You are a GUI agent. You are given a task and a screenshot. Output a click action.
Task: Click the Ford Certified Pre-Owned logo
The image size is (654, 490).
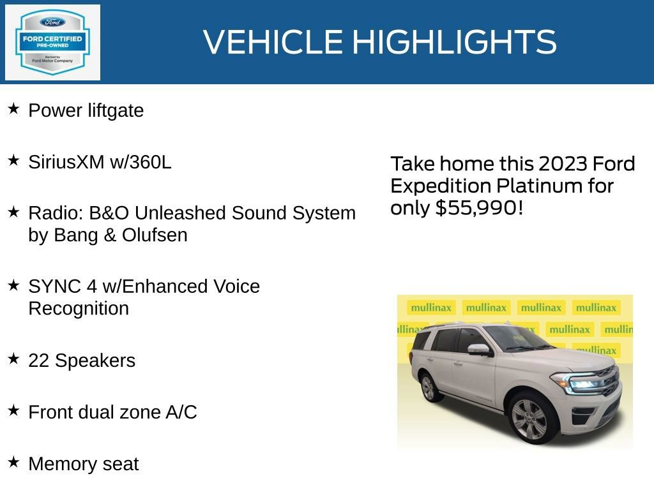click(x=52, y=42)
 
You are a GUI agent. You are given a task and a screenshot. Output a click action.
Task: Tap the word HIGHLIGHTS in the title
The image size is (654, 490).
click(x=454, y=42)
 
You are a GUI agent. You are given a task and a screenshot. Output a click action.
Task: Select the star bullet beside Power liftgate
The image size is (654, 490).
click(x=13, y=109)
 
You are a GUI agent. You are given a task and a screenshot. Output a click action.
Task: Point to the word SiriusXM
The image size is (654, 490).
click(x=66, y=162)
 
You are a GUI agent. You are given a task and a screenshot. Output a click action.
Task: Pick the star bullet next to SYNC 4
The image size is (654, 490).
click(x=13, y=285)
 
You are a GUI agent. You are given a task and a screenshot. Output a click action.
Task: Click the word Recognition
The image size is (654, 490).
click(x=79, y=309)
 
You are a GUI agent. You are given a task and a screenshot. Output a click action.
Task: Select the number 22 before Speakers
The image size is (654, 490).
click(x=39, y=360)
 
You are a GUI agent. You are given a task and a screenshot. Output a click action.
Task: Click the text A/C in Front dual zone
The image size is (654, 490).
click(x=181, y=412)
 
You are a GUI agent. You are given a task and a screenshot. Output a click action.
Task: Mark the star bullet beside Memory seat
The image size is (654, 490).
click(x=13, y=462)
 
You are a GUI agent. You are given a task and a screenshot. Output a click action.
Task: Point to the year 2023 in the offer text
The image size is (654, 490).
click(x=563, y=164)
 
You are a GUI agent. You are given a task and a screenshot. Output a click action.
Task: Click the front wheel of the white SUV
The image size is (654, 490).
click(x=529, y=419)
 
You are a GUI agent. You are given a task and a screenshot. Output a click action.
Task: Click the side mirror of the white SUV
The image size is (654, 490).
click(x=478, y=350)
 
